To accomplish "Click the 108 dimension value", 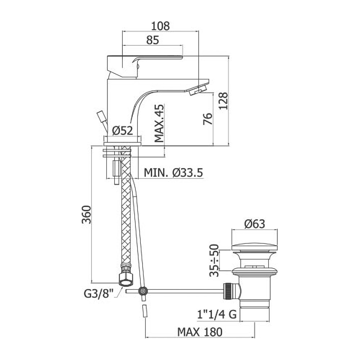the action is (x=161, y=26).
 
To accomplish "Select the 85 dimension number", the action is (x=153, y=40).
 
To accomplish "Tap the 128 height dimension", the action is (x=223, y=101).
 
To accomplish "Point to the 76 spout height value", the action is (x=208, y=119).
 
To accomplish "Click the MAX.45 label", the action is (x=159, y=123).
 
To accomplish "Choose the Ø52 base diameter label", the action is (x=123, y=131).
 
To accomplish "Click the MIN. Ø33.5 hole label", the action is (x=174, y=173).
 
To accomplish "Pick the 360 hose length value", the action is (x=86, y=215).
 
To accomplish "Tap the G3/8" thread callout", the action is (x=99, y=294).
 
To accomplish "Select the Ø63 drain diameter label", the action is (x=255, y=224).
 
